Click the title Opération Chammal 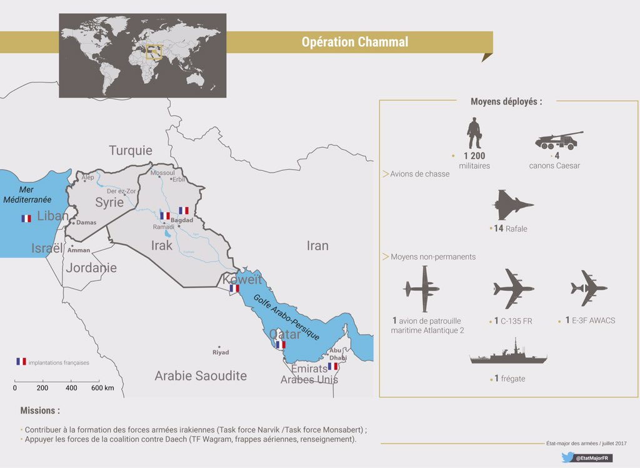pos(354,43)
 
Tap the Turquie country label pos(131,151)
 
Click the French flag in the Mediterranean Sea pos(26,218)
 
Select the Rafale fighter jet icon pos(513,205)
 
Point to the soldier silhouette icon pos(474,133)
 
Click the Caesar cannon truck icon pos(559,141)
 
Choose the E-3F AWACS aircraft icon pos(589,288)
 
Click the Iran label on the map pos(317,246)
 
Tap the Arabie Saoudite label pos(201,376)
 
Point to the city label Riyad pos(221,352)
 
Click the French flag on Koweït pos(234,288)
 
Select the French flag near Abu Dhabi pos(332,366)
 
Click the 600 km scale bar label pos(102,388)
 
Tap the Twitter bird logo pos(567,458)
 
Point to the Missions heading pos(40,411)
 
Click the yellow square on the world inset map pos(154,51)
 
